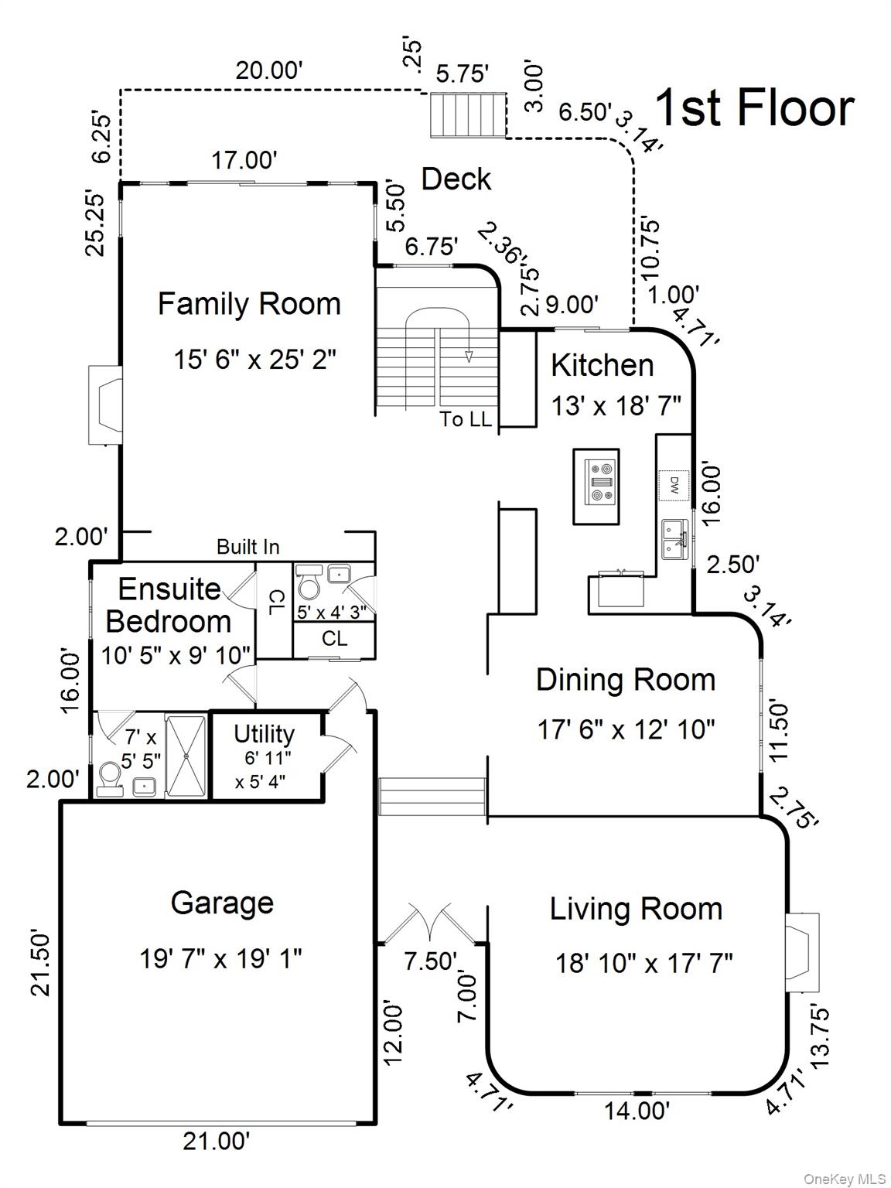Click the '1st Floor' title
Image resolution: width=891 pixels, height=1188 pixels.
click(x=754, y=108)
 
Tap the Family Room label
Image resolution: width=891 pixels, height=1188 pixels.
click(x=249, y=303)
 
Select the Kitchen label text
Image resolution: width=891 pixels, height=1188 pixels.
click(x=602, y=365)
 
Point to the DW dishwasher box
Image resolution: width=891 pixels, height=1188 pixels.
click(x=674, y=485)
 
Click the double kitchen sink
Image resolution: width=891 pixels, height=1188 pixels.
click(x=674, y=539)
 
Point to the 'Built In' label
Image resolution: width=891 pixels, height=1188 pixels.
click(x=247, y=547)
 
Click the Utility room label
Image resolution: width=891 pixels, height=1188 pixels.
click(x=264, y=733)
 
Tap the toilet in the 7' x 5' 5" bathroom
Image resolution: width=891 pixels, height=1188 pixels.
click(x=109, y=777)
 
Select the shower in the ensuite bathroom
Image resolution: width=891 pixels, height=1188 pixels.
click(x=186, y=756)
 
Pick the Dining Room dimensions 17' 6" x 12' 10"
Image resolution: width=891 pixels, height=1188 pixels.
click(x=626, y=729)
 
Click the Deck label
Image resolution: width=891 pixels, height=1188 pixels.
click(x=456, y=179)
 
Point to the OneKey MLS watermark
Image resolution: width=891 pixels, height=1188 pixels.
click(x=845, y=1179)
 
